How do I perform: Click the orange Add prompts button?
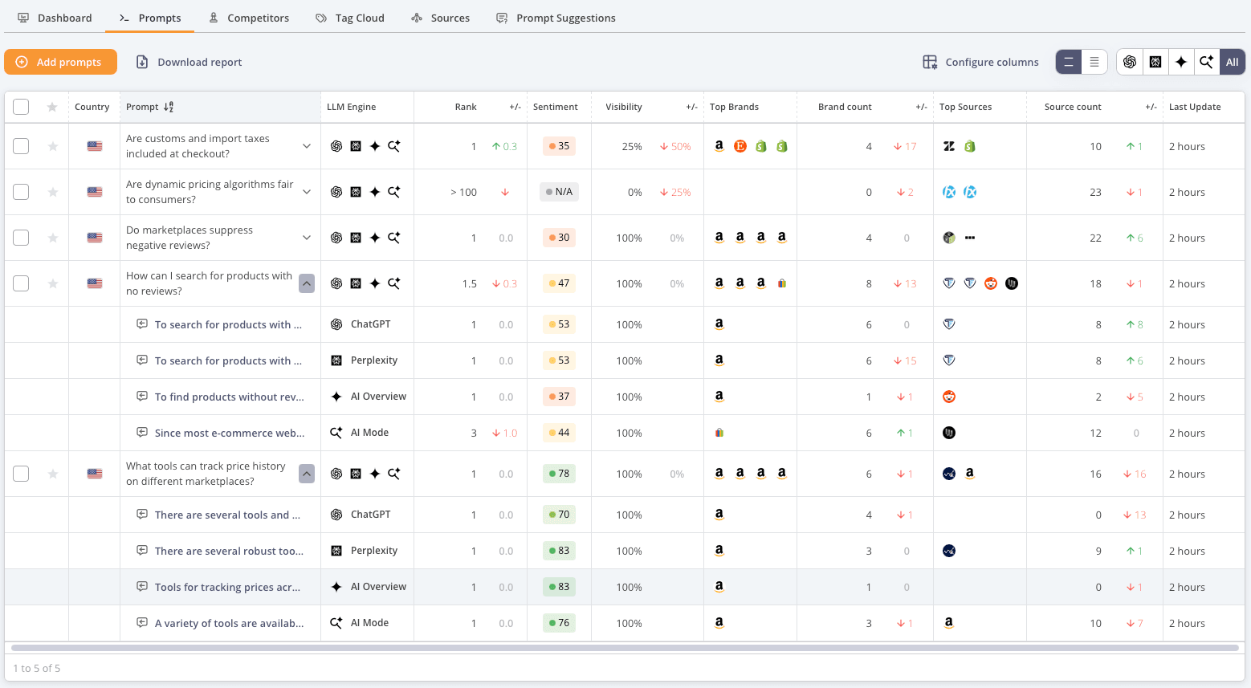(x=60, y=62)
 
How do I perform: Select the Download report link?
(x=189, y=62)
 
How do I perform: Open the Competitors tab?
(x=249, y=18)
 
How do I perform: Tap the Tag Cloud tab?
(x=349, y=18)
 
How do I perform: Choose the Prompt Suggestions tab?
(x=556, y=18)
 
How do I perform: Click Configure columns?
(x=980, y=62)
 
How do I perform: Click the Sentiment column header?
(x=555, y=107)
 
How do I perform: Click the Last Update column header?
(x=1195, y=107)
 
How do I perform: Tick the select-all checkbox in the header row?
(x=21, y=107)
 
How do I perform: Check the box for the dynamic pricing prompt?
(x=21, y=192)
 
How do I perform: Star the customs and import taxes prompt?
(x=52, y=146)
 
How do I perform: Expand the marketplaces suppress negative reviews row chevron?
(x=307, y=238)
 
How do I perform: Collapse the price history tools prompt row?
(x=307, y=474)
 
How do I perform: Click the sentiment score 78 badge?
(x=559, y=474)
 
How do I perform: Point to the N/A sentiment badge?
(x=559, y=192)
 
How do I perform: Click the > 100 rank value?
(x=463, y=192)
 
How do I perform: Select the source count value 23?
(x=1095, y=192)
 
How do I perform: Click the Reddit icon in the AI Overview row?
(x=949, y=397)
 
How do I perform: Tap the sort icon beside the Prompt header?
(x=169, y=107)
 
